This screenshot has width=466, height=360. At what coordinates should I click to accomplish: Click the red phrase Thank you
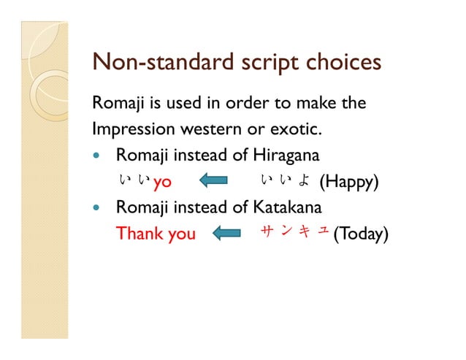pos(156,234)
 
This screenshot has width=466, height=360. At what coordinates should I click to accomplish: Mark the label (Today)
pos(360,234)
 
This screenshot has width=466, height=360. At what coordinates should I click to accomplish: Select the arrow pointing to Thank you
pos(226,234)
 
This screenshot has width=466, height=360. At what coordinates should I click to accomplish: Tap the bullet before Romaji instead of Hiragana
pos(99,157)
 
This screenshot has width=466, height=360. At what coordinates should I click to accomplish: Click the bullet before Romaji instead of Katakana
pos(99,208)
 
